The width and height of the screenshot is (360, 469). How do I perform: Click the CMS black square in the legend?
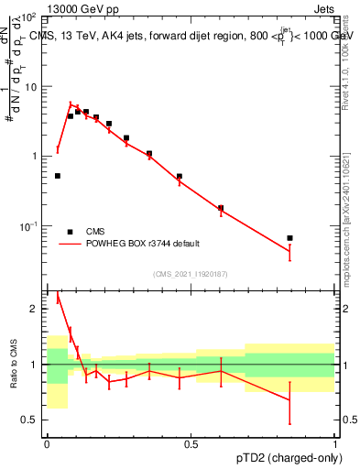click(70, 232)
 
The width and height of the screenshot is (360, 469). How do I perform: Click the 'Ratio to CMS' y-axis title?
click(14, 365)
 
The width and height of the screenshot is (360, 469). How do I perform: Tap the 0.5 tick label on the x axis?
click(191, 443)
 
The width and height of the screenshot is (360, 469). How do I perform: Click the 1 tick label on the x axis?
click(334, 443)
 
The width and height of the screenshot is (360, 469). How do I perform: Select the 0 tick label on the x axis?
click(47, 443)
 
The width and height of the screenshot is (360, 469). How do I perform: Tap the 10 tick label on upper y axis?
click(31, 87)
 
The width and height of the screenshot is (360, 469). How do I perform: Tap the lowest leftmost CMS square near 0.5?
click(58, 176)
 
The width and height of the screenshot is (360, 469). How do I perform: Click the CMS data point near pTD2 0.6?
click(221, 208)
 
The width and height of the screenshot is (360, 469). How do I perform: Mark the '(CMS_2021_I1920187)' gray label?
click(191, 274)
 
